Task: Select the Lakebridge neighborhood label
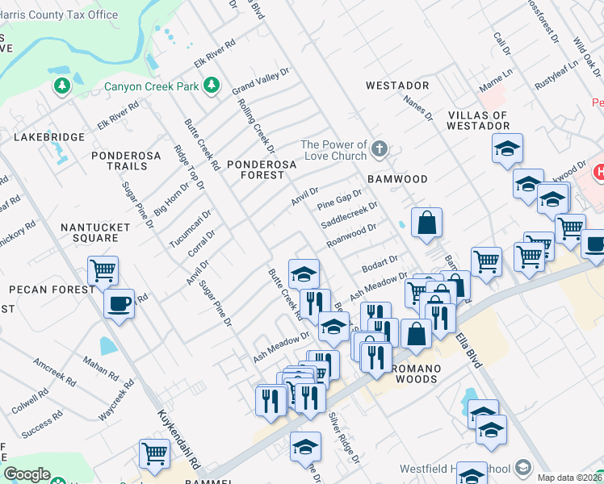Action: point(49,138)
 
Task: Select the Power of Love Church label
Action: point(333,150)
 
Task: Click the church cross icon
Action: point(380,149)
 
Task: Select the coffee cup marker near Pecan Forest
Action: point(120,303)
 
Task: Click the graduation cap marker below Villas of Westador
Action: point(507,148)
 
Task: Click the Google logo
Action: point(27,474)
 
